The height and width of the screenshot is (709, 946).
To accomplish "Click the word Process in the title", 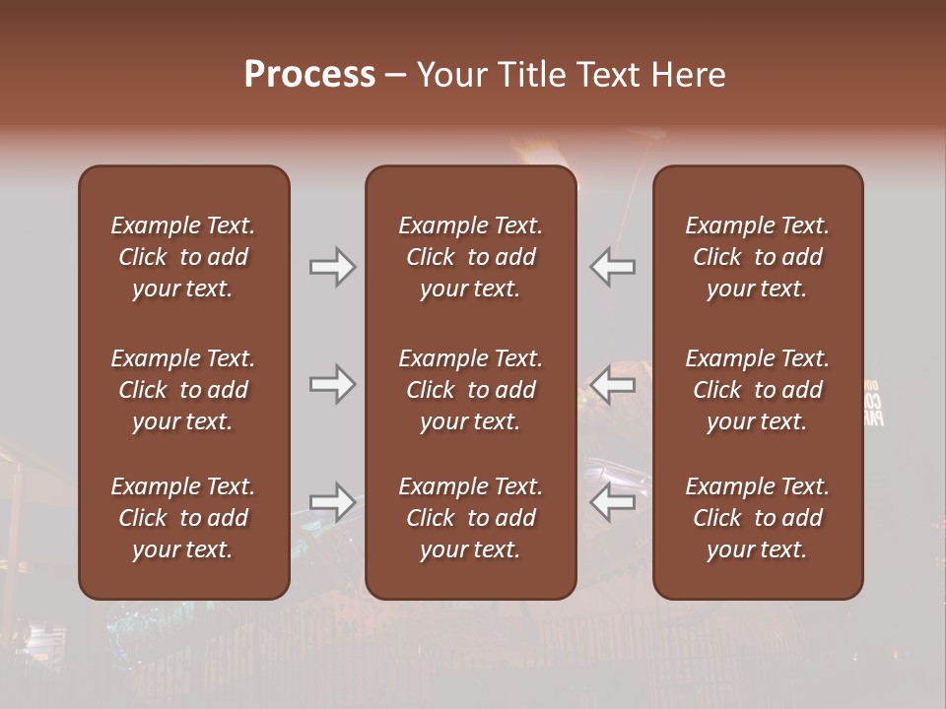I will coord(309,75).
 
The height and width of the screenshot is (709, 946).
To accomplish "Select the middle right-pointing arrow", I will coord(332,385).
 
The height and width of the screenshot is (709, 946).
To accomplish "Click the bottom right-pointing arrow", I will coord(332,502).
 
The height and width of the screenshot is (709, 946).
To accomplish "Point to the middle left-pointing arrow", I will coord(613,385).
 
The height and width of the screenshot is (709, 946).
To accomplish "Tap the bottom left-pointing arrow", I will coord(613,502).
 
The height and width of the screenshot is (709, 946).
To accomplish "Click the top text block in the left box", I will coord(183,257).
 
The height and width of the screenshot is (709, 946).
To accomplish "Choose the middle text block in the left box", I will coord(183,390).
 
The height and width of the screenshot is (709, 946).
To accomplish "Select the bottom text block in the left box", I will coord(183,518).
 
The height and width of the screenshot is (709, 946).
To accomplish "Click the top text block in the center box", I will coord(471,257).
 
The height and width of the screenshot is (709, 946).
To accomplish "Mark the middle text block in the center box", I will coord(471,390).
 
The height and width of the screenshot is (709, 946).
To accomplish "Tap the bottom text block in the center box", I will coord(471,518).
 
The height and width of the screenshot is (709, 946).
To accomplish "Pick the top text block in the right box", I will coord(758,257).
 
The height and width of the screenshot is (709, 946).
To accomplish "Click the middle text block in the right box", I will coord(758,390).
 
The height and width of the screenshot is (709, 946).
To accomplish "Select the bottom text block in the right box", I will coord(758,518).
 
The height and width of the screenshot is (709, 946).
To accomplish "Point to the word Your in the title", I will coord(451,75).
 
